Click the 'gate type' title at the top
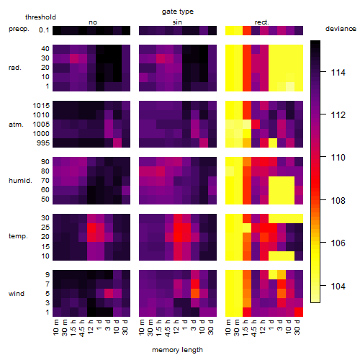tap(178, 12)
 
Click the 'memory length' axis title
tap(178, 350)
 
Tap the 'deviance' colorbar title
tap(341, 29)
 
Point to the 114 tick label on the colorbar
tap(338, 72)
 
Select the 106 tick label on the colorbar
tap(338, 243)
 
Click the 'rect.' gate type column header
tap(262, 22)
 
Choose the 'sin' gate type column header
tap(177, 22)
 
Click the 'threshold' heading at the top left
tap(40, 17)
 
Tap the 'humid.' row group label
tap(20, 181)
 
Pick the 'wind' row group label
tap(17, 294)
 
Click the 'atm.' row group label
tap(16, 125)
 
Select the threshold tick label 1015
tap(41, 106)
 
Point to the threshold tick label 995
tap(43, 143)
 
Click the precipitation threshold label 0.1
tap(44, 30)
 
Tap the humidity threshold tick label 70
tap(45, 181)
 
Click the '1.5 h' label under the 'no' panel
tap(74, 328)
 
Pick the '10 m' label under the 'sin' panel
tap(143, 328)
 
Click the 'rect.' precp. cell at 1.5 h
tap(247, 30)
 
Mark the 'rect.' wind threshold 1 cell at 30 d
tap(299, 312)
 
